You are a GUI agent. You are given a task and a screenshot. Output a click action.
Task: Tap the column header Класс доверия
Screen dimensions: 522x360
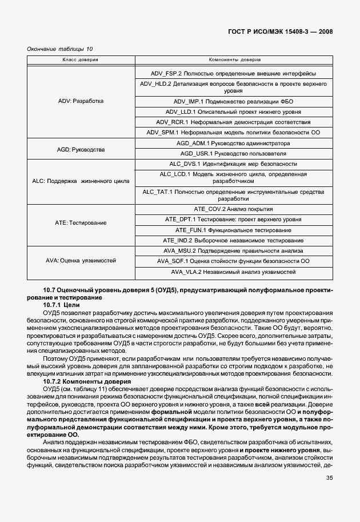point(81,59)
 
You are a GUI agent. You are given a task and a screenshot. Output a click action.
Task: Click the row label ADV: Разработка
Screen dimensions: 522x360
point(81,101)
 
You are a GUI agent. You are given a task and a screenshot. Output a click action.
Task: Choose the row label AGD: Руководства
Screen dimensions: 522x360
point(81,149)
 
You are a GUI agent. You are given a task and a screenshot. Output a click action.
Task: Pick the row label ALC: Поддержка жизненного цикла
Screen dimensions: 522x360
point(81,181)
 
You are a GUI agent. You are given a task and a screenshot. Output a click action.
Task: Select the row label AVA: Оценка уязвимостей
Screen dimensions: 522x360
point(81,261)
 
